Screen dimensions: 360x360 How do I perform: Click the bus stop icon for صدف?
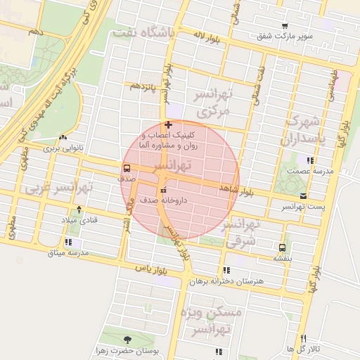click(x=127, y=168)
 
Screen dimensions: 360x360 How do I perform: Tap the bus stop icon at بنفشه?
click(x=282, y=247)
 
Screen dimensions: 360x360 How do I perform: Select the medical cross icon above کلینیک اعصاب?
click(x=167, y=124)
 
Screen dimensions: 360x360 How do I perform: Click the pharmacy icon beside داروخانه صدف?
click(x=164, y=191)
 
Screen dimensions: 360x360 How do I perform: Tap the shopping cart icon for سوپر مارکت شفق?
click(x=284, y=25)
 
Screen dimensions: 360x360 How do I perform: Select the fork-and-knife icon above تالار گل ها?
click(x=303, y=338)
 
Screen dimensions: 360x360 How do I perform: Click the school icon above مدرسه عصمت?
click(x=301, y=160)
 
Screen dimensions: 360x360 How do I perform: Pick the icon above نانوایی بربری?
click(x=63, y=138)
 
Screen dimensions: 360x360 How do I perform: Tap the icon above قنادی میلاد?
click(x=79, y=209)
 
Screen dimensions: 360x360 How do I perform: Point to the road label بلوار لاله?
click(x=207, y=37)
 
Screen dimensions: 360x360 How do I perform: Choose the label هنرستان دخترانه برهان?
click(x=226, y=281)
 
